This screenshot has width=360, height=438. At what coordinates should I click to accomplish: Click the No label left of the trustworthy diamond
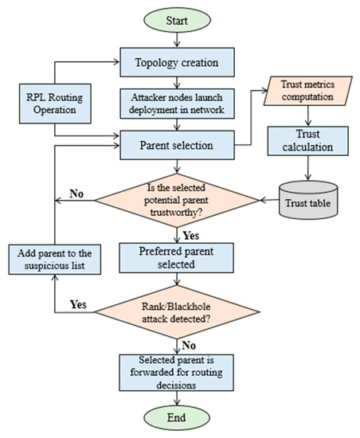pyautogui.click(x=77, y=191)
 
